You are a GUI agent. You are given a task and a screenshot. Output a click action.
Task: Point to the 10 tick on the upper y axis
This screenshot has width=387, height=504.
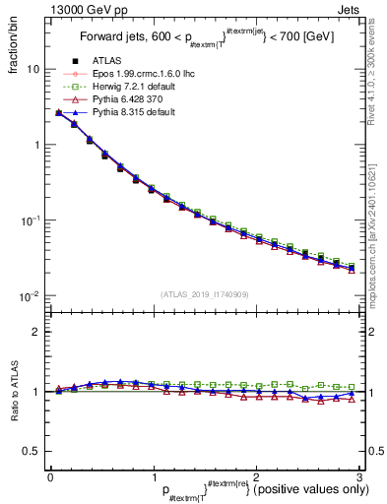pos(32,70)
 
